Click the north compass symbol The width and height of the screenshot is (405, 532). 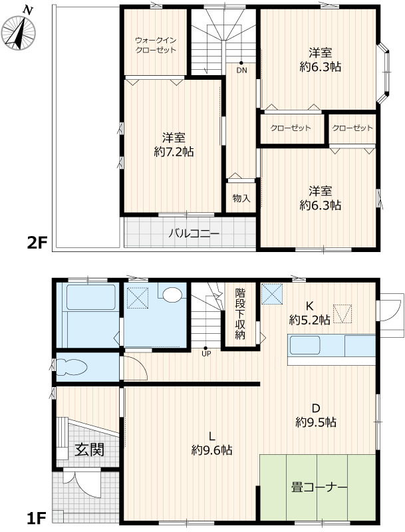click(19, 32)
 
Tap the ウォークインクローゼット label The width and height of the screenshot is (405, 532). click(156, 45)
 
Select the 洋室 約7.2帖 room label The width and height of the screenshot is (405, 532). click(174, 145)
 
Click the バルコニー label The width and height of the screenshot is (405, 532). click(194, 234)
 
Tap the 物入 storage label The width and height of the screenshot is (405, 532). click(241, 198)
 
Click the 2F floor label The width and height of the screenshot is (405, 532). click(37, 243)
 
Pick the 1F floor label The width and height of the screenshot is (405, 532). click(36, 518)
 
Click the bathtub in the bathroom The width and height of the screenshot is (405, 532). click(90, 297)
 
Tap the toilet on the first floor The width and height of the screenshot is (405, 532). click(72, 368)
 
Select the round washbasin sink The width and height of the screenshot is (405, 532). click(172, 295)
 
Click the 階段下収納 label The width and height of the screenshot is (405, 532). click(240, 314)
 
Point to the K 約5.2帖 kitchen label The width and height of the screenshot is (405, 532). click(309, 313)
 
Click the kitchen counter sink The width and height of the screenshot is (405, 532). click(305, 345)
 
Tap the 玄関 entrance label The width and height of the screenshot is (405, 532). click(89, 450)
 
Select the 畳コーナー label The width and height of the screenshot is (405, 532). click(319, 487)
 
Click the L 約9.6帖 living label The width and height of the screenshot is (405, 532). click(212, 443)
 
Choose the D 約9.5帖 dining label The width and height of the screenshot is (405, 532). click(316, 415)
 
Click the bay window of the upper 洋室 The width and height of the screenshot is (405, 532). click(383, 72)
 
